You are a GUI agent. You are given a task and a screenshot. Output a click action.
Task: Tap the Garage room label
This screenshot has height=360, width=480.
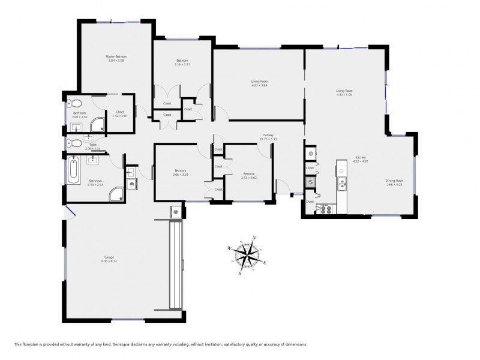click(x=109, y=259)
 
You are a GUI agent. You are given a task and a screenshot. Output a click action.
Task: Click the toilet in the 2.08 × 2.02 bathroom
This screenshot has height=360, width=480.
click(x=71, y=103)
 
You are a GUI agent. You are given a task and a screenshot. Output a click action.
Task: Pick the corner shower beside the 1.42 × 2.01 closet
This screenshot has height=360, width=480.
click(x=98, y=125)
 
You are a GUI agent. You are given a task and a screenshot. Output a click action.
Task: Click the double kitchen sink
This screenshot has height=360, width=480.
click(x=342, y=184)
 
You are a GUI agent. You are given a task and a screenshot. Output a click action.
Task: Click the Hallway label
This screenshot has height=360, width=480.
click(x=268, y=135)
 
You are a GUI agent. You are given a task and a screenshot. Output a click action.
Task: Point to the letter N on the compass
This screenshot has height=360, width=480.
click(x=255, y=238)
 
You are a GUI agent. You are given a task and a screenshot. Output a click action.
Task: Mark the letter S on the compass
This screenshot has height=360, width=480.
click(x=240, y=274)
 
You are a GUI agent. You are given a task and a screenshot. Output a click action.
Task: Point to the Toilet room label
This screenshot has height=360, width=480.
click(x=92, y=145)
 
